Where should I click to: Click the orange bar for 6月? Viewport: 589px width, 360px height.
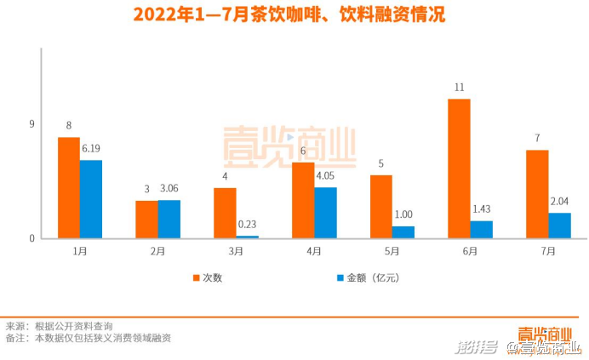pos(459,169)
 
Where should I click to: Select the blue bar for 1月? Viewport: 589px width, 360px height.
pos(91,199)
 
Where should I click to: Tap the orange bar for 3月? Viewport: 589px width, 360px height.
pos(225,213)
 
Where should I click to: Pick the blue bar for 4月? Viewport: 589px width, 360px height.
pos(325,213)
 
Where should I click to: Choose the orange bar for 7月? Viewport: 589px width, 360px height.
pos(537,194)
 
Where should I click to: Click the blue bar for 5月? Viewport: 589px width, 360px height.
pos(403,231)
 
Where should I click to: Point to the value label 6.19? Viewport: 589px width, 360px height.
pos(91,149)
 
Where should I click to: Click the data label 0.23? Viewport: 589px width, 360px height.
pos(248,225)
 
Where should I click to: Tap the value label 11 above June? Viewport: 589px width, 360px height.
pos(459,88)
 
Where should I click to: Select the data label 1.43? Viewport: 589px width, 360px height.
pos(482,209)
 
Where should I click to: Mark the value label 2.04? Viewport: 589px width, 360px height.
pos(559,202)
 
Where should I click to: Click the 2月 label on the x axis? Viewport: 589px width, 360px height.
pos(157,252)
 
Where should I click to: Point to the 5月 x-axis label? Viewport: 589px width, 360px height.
pos(392,252)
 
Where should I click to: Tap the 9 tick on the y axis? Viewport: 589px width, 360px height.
pos(31,125)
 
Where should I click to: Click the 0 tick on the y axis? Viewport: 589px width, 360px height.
pos(31,238)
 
